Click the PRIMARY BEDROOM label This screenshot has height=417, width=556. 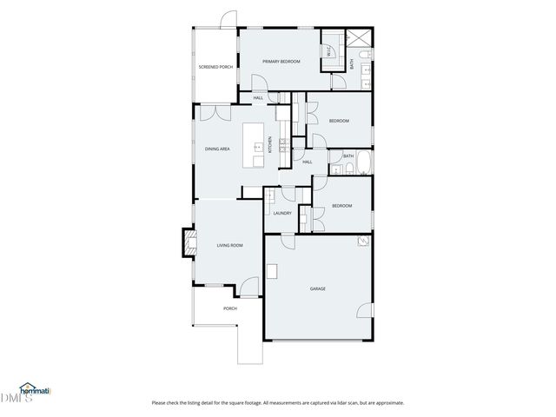[x=281, y=62]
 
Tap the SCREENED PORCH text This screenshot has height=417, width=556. [x=215, y=67]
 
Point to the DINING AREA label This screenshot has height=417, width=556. [x=217, y=149]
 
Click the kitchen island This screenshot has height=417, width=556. [x=257, y=144]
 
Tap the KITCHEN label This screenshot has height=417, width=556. [x=270, y=145]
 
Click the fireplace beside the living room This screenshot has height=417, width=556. [x=186, y=242]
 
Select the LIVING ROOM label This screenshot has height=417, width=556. [x=229, y=246]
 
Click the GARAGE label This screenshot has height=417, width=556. [x=317, y=288]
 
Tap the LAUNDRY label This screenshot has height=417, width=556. [x=281, y=213]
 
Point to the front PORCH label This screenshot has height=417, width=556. [x=230, y=308]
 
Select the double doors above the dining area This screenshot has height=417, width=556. [x=211, y=112]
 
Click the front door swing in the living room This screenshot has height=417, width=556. [x=249, y=283]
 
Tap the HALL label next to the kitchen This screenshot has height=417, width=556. [x=308, y=162]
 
